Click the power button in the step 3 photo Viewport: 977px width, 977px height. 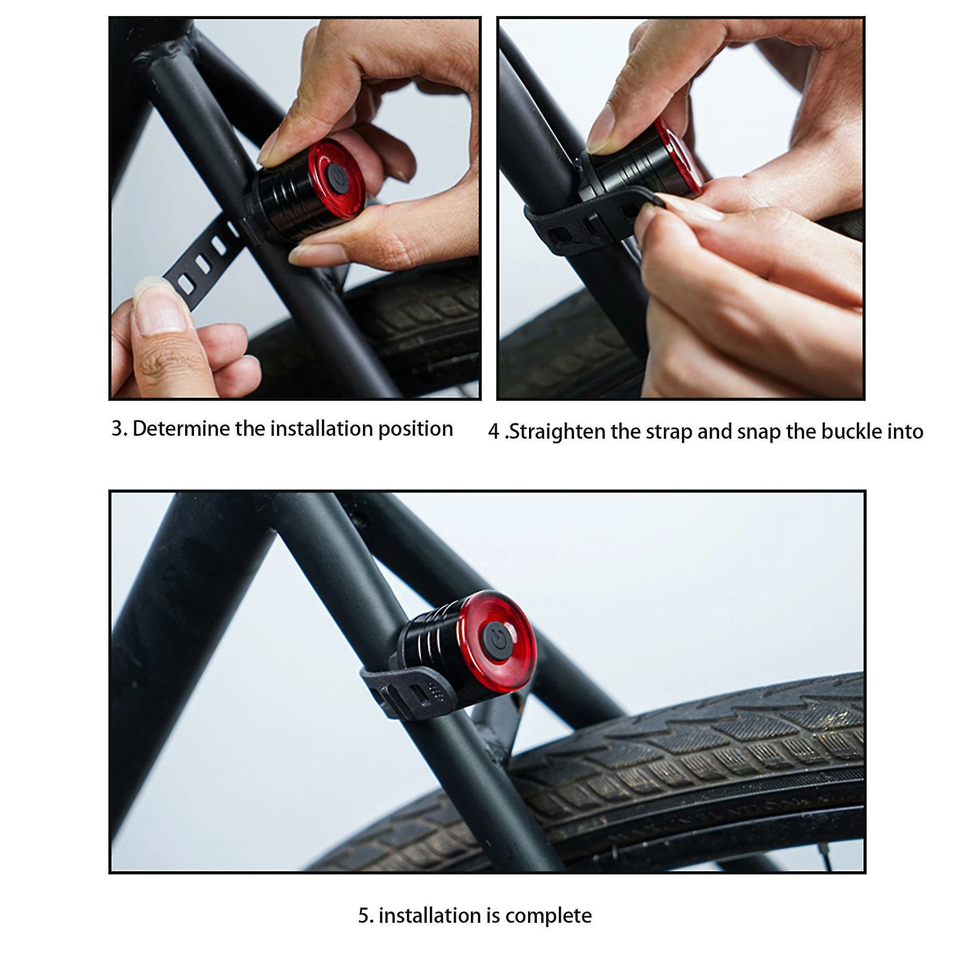(x=337, y=177)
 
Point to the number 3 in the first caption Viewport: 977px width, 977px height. (x=118, y=429)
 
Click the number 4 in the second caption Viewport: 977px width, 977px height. (x=494, y=432)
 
